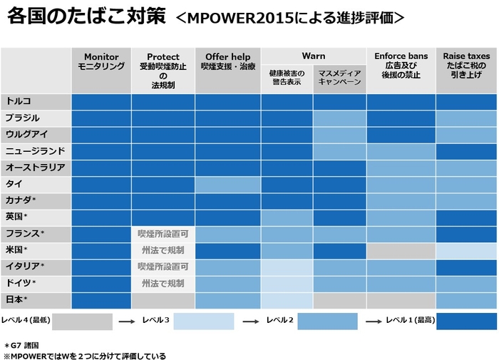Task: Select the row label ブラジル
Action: pos(22,118)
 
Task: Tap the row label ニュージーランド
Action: pos(35,151)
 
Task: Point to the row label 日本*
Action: pos(16,299)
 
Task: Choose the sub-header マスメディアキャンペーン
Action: pos(339,78)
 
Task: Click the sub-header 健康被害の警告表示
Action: pos(287,78)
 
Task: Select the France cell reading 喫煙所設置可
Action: pos(163,233)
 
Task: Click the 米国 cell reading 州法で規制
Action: pos(163,250)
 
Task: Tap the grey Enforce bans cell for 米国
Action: pos(401,250)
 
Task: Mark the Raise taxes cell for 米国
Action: pos(466,250)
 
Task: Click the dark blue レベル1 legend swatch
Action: pos(466,322)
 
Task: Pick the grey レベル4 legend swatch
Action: pos(82,322)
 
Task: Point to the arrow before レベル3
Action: pos(127,322)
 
